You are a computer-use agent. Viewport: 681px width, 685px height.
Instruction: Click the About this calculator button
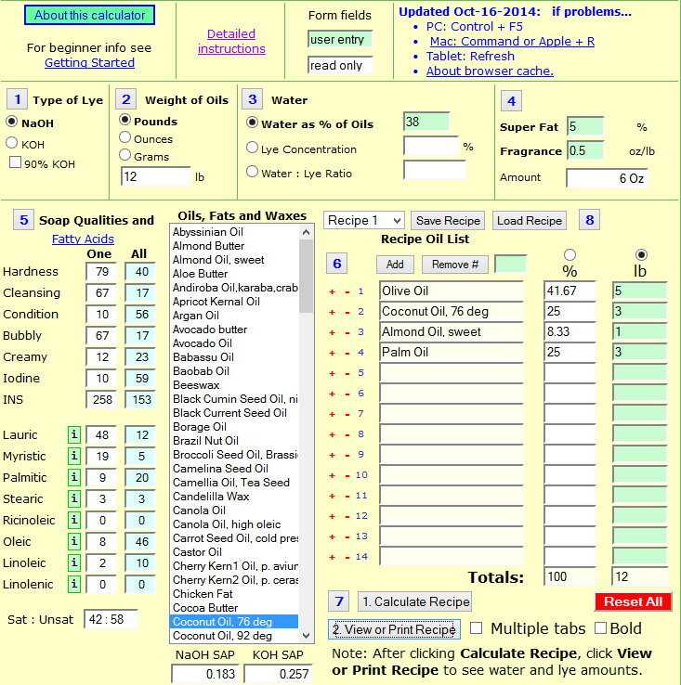click(x=90, y=15)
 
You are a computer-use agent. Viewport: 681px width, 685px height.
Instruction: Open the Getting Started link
click(x=89, y=63)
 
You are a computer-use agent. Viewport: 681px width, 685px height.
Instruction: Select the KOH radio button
click(x=12, y=143)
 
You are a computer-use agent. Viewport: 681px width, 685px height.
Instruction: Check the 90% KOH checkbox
click(x=15, y=163)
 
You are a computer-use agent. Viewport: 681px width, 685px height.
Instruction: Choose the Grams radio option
click(x=125, y=156)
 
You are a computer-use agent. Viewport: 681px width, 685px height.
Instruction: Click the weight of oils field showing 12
click(x=154, y=176)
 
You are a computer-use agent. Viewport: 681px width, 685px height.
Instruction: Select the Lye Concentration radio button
click(x=252, y=148)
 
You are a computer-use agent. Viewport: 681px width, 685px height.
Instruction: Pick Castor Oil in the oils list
click(x=198, y=552)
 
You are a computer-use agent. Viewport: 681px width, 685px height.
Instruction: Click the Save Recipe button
click(x=448, y=221)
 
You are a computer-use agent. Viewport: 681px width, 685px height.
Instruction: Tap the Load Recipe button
click(x=530, y=221)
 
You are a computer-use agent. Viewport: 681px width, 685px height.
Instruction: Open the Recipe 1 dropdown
click(x=363, y=221)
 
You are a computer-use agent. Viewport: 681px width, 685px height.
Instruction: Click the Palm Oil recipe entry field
click(x=452, y=353)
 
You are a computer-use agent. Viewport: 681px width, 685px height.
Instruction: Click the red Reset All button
click(x=633, y=601)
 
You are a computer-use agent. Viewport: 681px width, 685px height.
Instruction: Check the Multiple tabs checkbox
click(x=476, y=628)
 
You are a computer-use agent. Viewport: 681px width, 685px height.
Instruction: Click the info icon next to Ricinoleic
click(x=73, y=521)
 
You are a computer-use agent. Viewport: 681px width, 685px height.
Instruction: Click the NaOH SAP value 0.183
click(x=206, y=675)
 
